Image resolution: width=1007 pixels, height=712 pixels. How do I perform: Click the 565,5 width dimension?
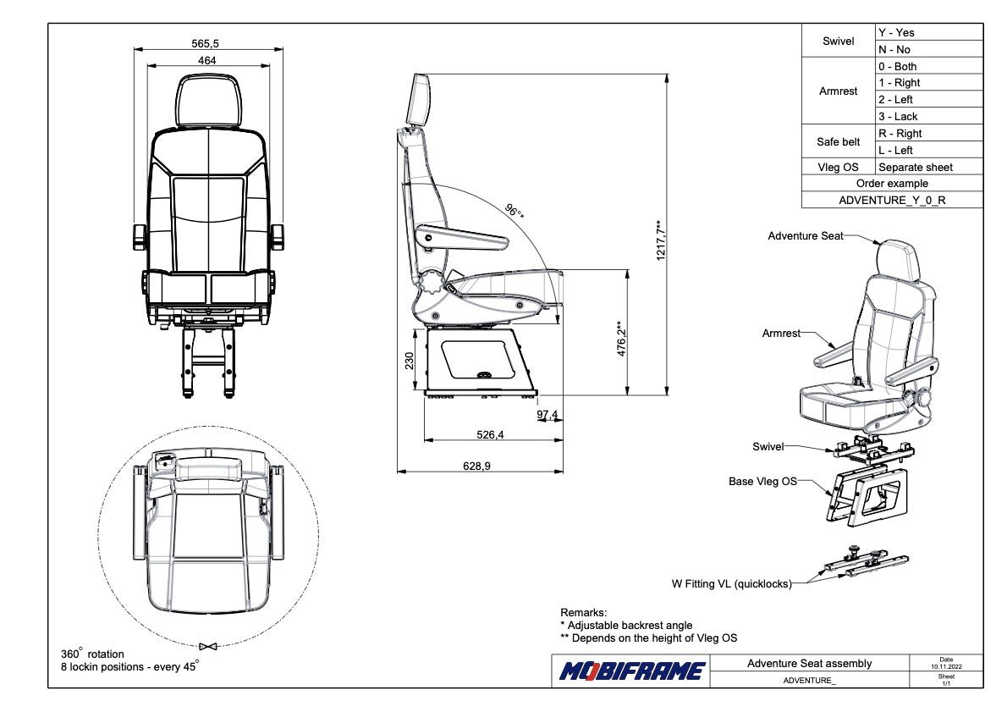(207, 43)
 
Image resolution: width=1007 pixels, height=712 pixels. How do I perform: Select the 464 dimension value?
(207, 60)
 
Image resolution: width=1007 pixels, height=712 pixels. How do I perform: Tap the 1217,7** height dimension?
(662, 240)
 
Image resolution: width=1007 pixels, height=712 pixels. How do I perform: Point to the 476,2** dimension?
(621, 339)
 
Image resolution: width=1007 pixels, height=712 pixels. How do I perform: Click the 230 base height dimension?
(410, 361)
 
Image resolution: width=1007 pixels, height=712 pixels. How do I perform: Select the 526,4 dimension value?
(490, 435)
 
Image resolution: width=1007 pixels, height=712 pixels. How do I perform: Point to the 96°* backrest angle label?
(514, 212)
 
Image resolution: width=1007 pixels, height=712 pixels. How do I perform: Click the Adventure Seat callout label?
(805, 236)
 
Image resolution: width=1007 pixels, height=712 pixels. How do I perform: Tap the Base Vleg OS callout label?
(762, 481)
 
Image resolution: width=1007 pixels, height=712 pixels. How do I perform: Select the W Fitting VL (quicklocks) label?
(730, 583)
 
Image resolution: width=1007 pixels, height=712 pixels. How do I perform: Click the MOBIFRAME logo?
(631, 671)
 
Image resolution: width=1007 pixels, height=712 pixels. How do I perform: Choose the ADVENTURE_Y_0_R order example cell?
(892, 201)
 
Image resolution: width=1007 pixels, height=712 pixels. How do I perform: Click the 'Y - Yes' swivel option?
(896, 33)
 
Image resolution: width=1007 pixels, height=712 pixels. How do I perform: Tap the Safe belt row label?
(838, 142)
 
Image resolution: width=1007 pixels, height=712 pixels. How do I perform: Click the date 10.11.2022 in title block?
(946, 667)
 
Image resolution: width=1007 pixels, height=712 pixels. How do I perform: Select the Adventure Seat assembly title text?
(809, 664)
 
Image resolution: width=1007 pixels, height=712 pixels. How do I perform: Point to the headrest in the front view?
(208, 100)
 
